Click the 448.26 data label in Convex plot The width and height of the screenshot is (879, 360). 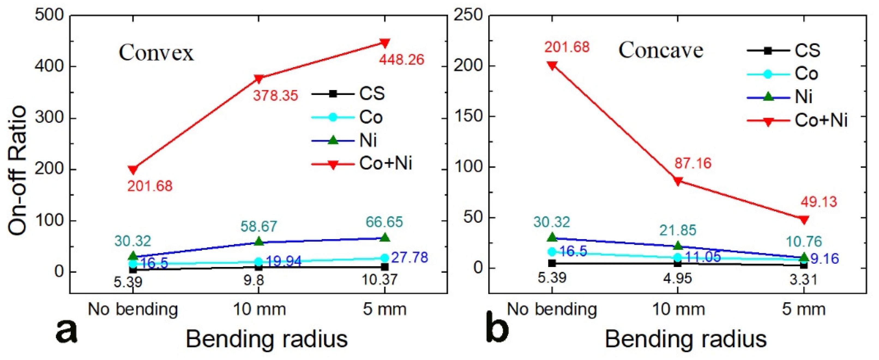(401, 60)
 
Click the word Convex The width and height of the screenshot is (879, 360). (156, 53)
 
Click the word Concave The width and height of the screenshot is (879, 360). (661, 50)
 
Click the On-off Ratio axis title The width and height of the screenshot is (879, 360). (17, 170)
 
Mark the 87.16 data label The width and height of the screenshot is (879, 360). (693, 163)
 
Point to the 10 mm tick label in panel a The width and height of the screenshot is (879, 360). (259, 310)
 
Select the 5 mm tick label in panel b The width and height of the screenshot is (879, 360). (803, 310)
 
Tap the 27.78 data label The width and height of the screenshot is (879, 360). (409, 257)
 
